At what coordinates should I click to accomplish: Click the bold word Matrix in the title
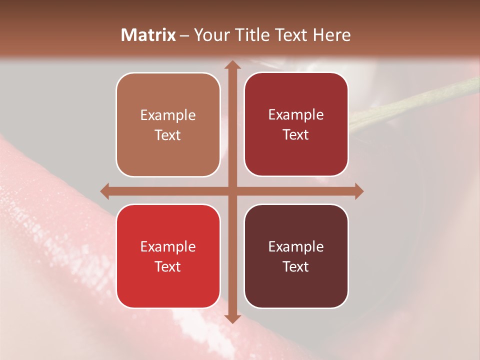tap(148, 35)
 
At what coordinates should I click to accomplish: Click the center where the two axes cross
tap(231, 190)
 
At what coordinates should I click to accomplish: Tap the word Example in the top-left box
tap(168, 115)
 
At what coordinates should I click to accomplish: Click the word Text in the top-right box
tap(296, 135)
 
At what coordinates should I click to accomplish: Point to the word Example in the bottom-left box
tap(168, 247)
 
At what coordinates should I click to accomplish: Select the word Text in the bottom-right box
tap(296, 266)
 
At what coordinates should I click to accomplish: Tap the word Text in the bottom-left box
tap(168, 266)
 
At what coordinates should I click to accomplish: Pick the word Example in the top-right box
tap(296, 115)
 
